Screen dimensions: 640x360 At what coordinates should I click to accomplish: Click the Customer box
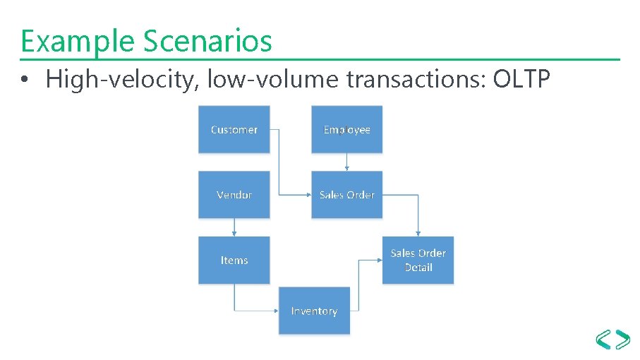pos(234,129)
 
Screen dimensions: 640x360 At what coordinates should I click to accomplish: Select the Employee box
pos(346,129)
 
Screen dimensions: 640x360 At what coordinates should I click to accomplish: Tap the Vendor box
pos(234,194)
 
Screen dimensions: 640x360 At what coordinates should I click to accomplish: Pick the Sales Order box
pos(346,194)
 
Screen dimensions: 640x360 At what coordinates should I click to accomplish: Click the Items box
pos(234,260)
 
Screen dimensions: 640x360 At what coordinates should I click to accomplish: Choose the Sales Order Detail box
pos(418,260)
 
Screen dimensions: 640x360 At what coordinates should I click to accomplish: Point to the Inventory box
pos(314,311)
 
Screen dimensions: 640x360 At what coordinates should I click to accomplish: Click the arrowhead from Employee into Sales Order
pos(346,168)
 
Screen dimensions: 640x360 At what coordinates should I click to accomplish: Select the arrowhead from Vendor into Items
pos(234,234)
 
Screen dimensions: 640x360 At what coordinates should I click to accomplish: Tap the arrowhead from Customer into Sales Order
pos(308,194)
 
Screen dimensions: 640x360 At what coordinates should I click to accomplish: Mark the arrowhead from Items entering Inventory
pos(276,311)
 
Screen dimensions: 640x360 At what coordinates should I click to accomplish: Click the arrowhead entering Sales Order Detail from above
pos(418,234)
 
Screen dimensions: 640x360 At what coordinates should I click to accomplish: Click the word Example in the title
pos(78,42)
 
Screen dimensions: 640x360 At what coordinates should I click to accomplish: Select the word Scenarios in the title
pos(207,42)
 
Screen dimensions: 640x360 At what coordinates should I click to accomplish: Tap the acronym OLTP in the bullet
pos(521,80)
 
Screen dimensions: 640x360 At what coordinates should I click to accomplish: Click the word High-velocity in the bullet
pos(121,80)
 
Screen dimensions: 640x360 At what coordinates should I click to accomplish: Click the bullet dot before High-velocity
pos(25,81)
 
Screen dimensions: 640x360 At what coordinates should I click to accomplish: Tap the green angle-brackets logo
pos(613,340)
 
